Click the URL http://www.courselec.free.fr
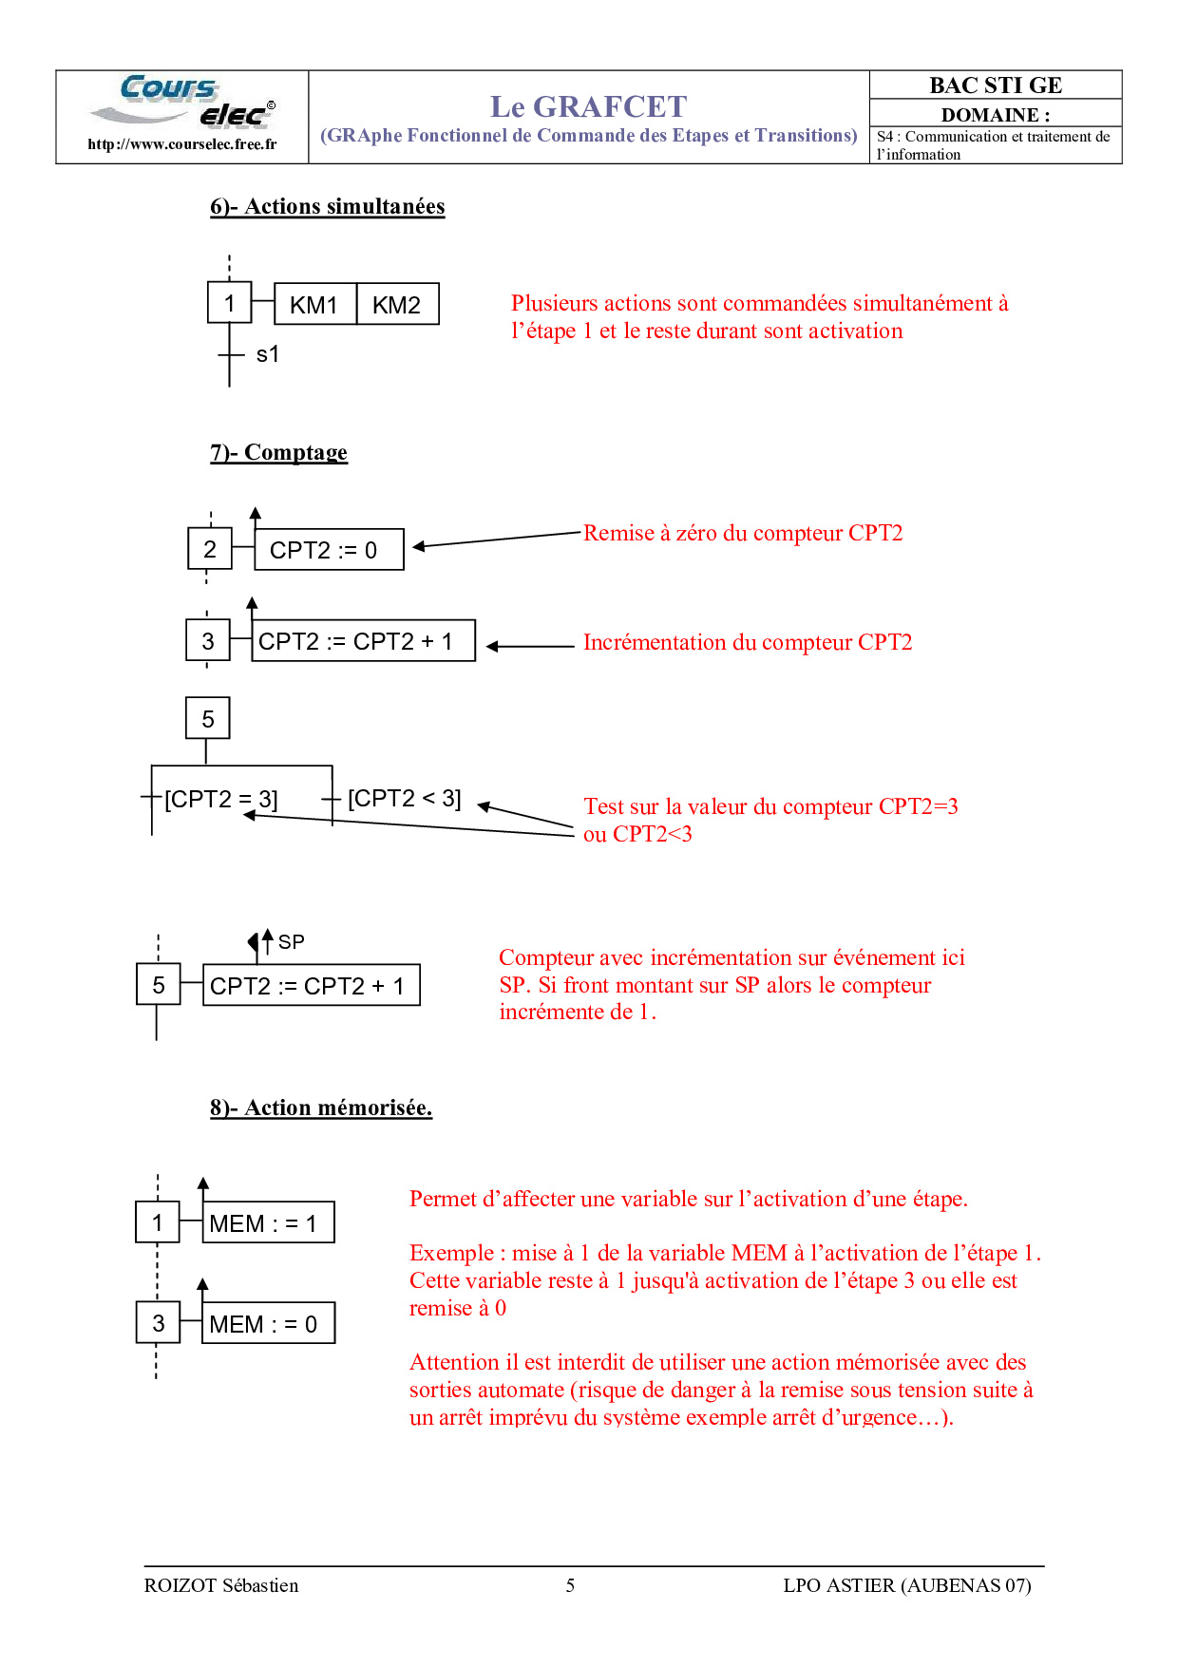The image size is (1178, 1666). click(182, 144)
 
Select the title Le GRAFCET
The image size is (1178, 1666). click(588, 106)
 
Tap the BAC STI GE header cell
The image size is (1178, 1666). click(996, 85)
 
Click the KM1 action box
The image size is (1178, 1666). click(314, 305)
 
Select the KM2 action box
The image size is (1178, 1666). click(397, 305)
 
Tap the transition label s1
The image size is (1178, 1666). click(268, 354)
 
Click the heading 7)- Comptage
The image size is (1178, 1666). click(278, 452)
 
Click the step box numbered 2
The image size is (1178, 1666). click(210, 549)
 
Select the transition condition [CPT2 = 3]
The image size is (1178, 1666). click(221, 799)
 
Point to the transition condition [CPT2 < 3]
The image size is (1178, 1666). click(405, 798)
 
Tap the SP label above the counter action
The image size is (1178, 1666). click(291, 942)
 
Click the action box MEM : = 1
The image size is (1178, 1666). click(268, 1223)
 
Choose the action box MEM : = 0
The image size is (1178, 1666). click(268, 1324)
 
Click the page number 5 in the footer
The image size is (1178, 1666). click(570, 1585)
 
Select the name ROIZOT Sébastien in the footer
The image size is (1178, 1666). click(221, 1585)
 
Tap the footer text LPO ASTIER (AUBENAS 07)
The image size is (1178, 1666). click(907, 1585)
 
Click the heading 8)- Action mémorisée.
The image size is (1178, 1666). click(321, 1108)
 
